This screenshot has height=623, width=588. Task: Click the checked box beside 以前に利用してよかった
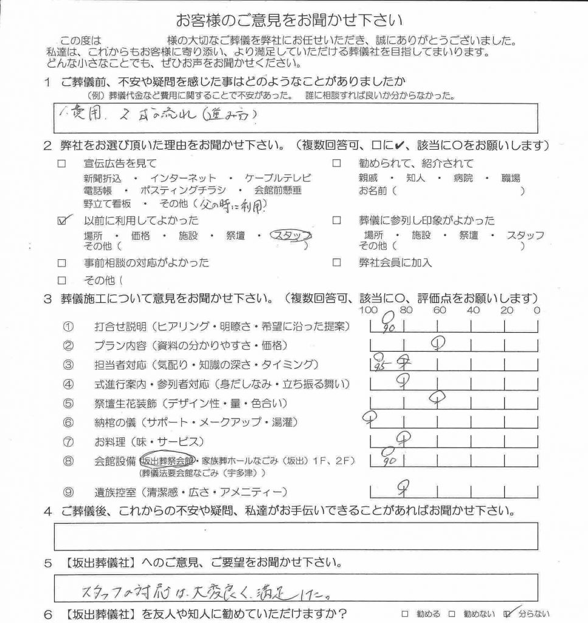61,221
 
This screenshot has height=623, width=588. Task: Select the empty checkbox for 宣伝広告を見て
61,164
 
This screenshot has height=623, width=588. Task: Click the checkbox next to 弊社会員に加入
336,263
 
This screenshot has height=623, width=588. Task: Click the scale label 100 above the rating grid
368,311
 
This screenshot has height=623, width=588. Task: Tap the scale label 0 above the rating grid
536,311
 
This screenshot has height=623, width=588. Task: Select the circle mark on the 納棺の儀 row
368,417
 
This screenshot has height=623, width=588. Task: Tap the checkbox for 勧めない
452,613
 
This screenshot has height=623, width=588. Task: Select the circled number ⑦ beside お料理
68,441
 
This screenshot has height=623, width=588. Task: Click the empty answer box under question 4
296,535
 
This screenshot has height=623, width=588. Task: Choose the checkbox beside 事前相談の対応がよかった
61,263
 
